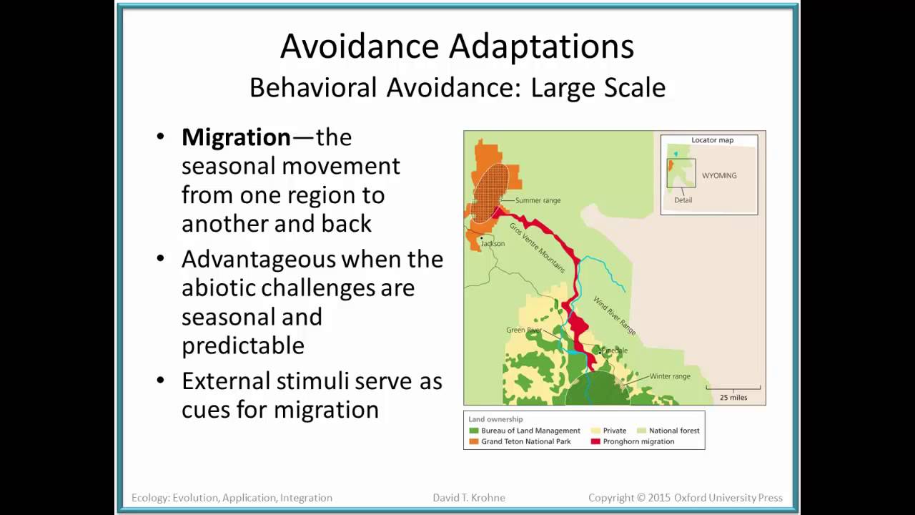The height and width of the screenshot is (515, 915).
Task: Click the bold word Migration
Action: [236, 137]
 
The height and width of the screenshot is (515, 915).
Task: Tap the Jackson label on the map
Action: [493, 243]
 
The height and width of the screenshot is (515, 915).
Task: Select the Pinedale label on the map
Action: [614, 350]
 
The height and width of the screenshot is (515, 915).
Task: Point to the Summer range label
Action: [538, 200]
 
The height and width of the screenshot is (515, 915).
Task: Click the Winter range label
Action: [670, 376]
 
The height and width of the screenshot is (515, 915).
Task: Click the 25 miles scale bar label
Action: [733, 397]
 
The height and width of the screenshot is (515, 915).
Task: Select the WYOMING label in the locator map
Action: [719, 175]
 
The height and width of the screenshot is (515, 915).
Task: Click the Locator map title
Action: [713, 139]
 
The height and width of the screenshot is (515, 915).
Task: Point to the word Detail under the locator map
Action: [683, 200]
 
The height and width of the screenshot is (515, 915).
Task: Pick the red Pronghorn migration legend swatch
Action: [595, 441]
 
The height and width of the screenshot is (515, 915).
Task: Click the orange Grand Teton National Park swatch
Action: [474, 441]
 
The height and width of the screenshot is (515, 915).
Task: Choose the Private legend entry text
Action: [615, 431]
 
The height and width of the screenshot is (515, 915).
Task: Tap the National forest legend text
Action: [674, 431]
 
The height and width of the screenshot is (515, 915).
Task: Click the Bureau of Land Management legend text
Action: [530, 431]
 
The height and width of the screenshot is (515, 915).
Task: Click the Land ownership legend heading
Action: [495, 419]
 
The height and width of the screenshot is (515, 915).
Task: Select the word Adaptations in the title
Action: [541, 47]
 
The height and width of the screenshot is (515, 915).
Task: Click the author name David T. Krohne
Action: [469, 497]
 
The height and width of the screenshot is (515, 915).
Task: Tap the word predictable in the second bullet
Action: [243, 346]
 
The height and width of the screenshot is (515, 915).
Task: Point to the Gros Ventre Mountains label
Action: [537, 247]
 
